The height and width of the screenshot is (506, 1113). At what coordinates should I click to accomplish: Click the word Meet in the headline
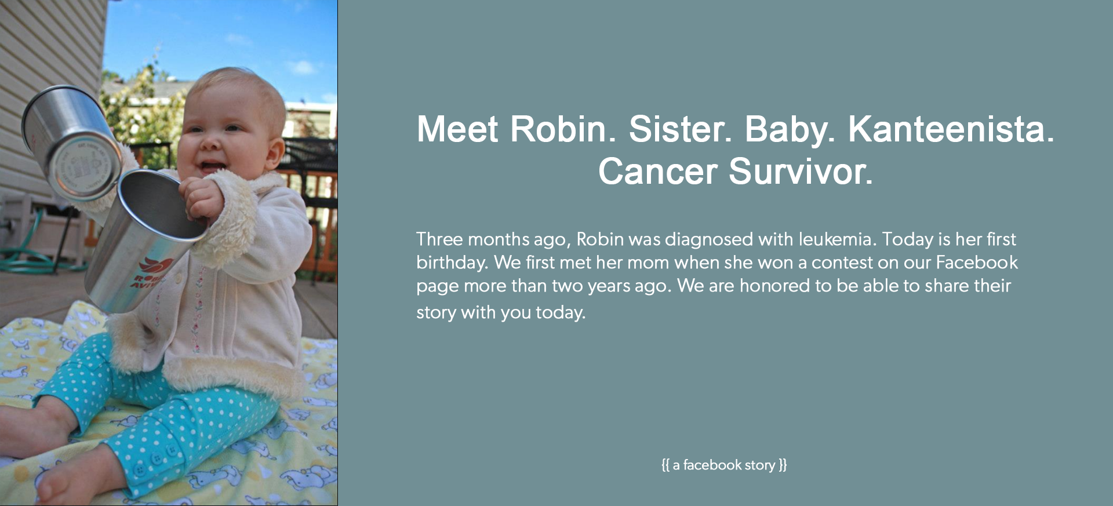[457, 129]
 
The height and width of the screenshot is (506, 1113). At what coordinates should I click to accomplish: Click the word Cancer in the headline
[657, 172]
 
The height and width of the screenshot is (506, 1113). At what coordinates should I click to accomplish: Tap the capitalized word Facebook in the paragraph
[977, 262]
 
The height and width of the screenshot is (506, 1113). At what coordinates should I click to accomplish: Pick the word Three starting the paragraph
[439, 239]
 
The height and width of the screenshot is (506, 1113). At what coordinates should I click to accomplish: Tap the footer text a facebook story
[724, 465]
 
